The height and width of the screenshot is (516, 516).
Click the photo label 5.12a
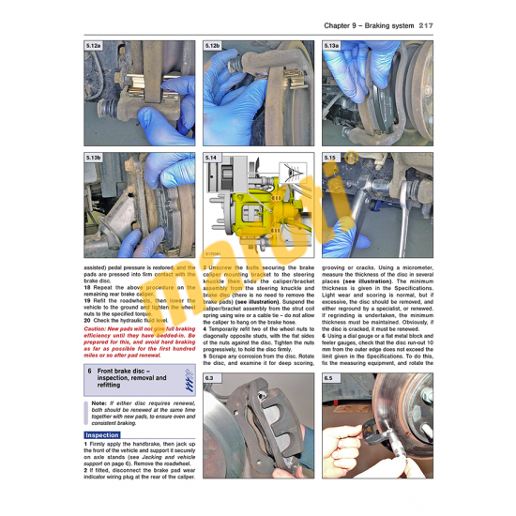point(93,45)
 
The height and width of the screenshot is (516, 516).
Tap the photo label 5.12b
point(213,45)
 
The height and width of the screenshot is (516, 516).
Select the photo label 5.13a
point(331,45)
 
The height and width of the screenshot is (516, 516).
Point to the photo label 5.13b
point(93,159)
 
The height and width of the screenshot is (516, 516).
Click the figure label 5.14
point(211,159)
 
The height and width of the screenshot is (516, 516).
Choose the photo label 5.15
point(330,159)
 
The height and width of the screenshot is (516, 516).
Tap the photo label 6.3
point(210,379)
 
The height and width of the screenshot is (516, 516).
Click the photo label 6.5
point(328,379)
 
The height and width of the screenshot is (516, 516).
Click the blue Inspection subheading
point(102,435)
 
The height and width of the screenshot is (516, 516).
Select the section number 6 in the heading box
point(89,372)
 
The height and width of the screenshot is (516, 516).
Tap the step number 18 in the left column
point(87,285)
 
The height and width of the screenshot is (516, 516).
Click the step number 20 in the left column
point(87,320)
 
